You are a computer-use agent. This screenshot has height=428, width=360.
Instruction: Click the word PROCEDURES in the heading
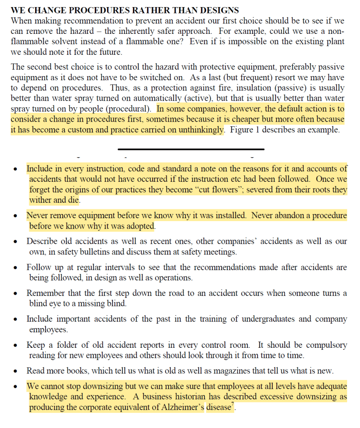coord(90,10)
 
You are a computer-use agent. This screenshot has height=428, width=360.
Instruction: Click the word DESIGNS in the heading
coord(218,10)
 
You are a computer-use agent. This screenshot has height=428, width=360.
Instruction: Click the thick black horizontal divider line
coord(191,149)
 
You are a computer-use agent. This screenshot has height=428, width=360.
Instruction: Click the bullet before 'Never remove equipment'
coord(15,217)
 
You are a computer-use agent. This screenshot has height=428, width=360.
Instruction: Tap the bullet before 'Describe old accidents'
coord(15,242)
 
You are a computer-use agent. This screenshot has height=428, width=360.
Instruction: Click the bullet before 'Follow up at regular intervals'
coord(15,268)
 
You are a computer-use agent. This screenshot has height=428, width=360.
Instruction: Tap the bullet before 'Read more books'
coord(15,371)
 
